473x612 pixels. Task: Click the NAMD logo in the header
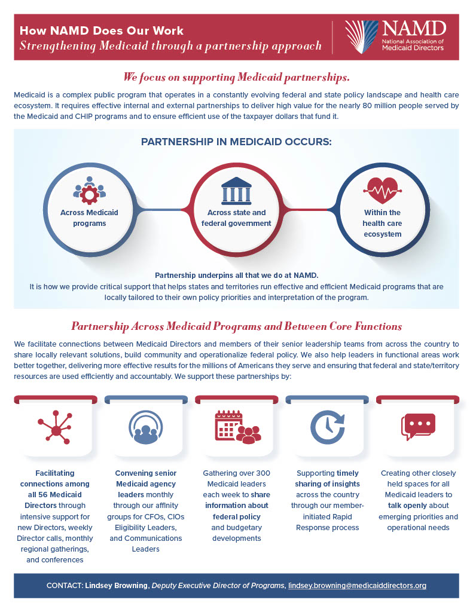[x=395, y=36]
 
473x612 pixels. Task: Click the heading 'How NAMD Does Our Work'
[x=102, y=30]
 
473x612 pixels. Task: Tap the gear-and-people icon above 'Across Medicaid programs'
[x=89, y=189]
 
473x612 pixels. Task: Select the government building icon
[x=236, y=190]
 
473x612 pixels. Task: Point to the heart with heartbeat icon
[x=382, y=190]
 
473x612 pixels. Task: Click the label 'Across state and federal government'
[x=236, y=218]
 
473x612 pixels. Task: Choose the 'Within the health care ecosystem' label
[x=382, y=223]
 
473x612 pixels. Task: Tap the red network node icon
[x=54, y=428]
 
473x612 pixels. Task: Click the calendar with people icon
[x=236, y=427]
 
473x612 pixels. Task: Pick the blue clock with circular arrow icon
[x=327, y=427]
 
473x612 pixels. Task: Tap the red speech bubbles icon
[x=418, y=427]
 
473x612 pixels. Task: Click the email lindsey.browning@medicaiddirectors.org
[x=357, y=586]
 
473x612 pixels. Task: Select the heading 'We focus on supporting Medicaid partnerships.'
[x=236, y=78]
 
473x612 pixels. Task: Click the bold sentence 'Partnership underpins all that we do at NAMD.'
[x=236, y=276]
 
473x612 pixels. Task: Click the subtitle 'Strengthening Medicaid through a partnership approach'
[x=170, y=46]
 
